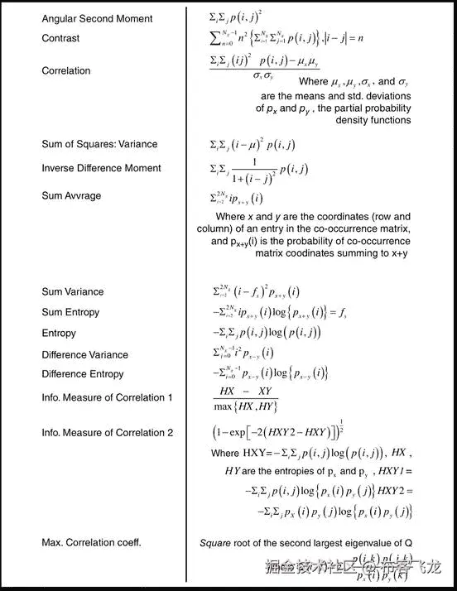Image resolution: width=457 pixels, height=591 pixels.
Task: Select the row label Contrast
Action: [60, 38]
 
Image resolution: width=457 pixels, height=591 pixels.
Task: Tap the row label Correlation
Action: [66, 71]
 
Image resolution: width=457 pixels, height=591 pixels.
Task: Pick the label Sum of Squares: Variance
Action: [99, 144]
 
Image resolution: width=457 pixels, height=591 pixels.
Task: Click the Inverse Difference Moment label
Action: [101, 168]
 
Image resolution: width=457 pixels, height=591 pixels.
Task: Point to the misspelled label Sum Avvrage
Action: [71, 196]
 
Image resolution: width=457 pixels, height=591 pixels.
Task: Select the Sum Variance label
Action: [73, 291]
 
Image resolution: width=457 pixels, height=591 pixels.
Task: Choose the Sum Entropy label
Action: [70, 312]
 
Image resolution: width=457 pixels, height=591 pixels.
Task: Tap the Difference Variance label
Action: [84, 355]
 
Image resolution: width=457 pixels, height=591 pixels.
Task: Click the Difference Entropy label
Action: [82, 374]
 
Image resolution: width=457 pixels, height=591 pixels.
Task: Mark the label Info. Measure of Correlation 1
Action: [108, 397]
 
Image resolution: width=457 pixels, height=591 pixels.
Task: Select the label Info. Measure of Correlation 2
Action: [108, 432]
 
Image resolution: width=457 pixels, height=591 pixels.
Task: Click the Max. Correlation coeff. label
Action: [91, 543]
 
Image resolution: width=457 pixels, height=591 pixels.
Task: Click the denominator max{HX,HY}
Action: [245, 406]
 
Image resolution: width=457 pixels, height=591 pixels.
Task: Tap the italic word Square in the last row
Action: [216, 543]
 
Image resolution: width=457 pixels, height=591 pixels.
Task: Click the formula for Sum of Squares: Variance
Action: [252, 145]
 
